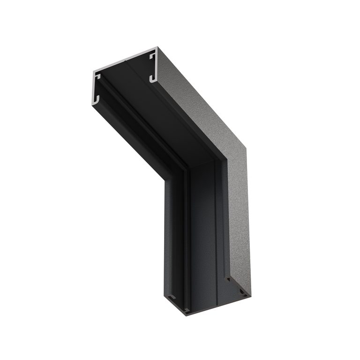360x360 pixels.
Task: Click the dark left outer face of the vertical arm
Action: pos(173,234)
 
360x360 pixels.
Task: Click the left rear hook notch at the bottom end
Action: pos(172,297)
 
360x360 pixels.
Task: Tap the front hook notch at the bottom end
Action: pos(187,309)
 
